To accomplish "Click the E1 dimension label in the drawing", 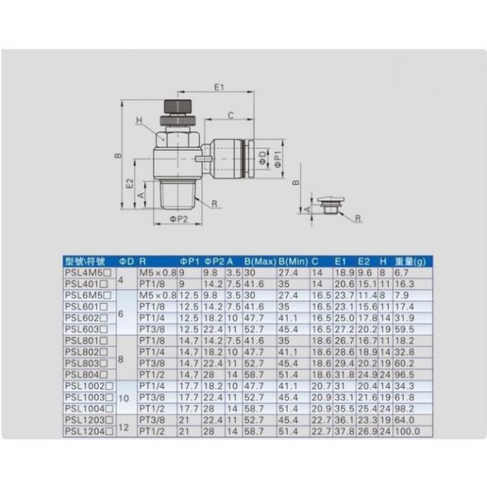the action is coord(219,87).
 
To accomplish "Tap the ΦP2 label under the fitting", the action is coord(178,219).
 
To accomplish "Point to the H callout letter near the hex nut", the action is coord(139,121).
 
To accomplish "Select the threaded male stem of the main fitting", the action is coord(179,194).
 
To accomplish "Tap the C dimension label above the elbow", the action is coord(230,116).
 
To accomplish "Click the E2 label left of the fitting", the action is coord(130,184).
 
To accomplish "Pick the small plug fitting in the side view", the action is coord(330,204).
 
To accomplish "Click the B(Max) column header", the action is coord(260,262).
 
